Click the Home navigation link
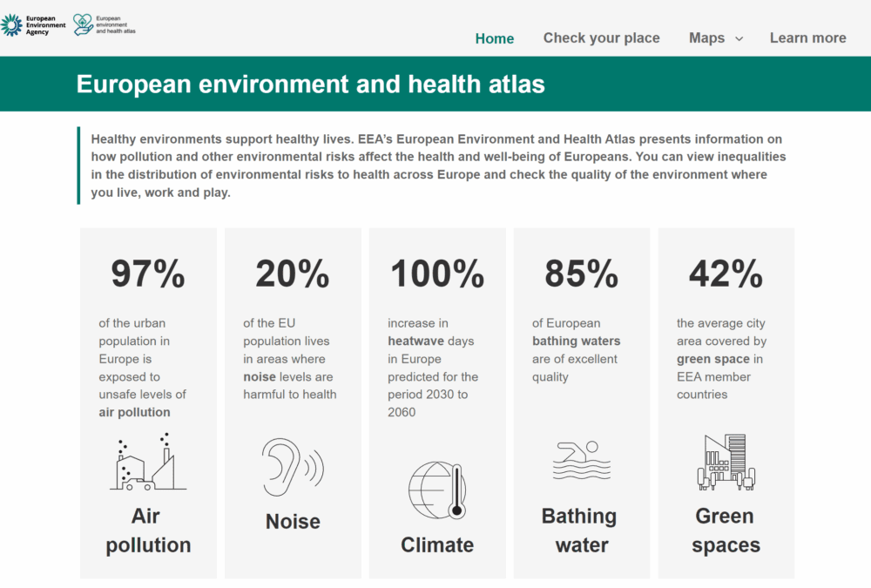pos(494,38)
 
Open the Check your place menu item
pos(601,38)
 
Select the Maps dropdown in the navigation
pos(715,38)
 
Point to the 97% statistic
pos(147,274)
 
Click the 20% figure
pos(292,274)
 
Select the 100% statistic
pos(437,274)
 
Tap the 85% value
pos(581,274)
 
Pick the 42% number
pos(726,274)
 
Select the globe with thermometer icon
pos(437,490)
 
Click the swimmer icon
pos(576,460)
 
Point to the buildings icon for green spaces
pos(726,462)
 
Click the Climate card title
pos(437,545)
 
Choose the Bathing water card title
pos(581,531)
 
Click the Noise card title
pos(293,522)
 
